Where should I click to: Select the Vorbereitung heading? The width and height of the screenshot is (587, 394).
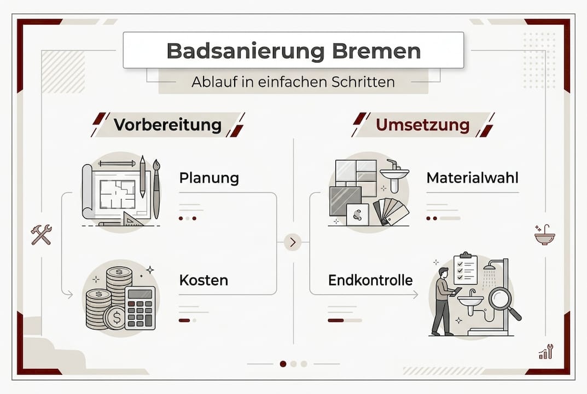click(168, 125)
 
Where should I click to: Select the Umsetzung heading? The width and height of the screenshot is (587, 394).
click(422, 125)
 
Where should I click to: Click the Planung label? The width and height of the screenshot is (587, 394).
click(209, 178)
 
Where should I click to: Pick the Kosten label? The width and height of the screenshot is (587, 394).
click(204, 281)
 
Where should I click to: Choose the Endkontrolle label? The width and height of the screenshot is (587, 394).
click(370, 281)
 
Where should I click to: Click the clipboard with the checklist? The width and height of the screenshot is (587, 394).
click(466, 268)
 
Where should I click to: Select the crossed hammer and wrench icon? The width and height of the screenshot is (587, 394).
click(41, 234)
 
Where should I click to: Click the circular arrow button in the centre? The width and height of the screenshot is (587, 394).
click(293, 242)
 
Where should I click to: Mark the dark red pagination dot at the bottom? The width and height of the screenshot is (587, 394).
click(283, 363)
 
